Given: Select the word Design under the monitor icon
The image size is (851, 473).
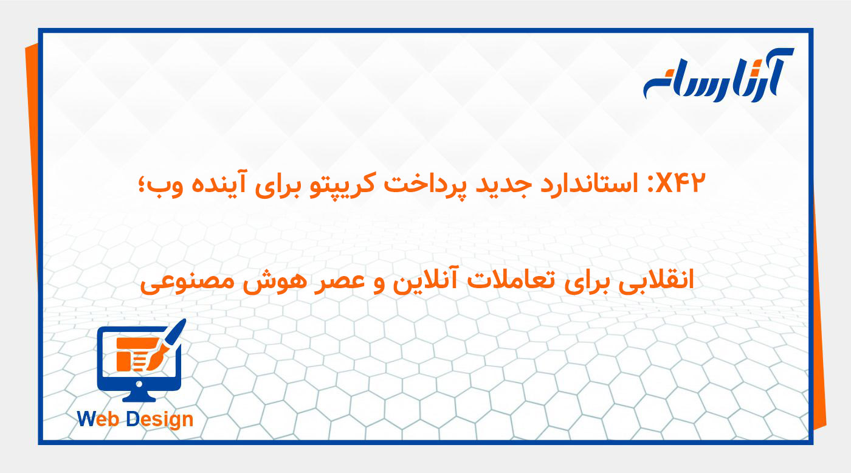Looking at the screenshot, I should (x=160, y=419).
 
